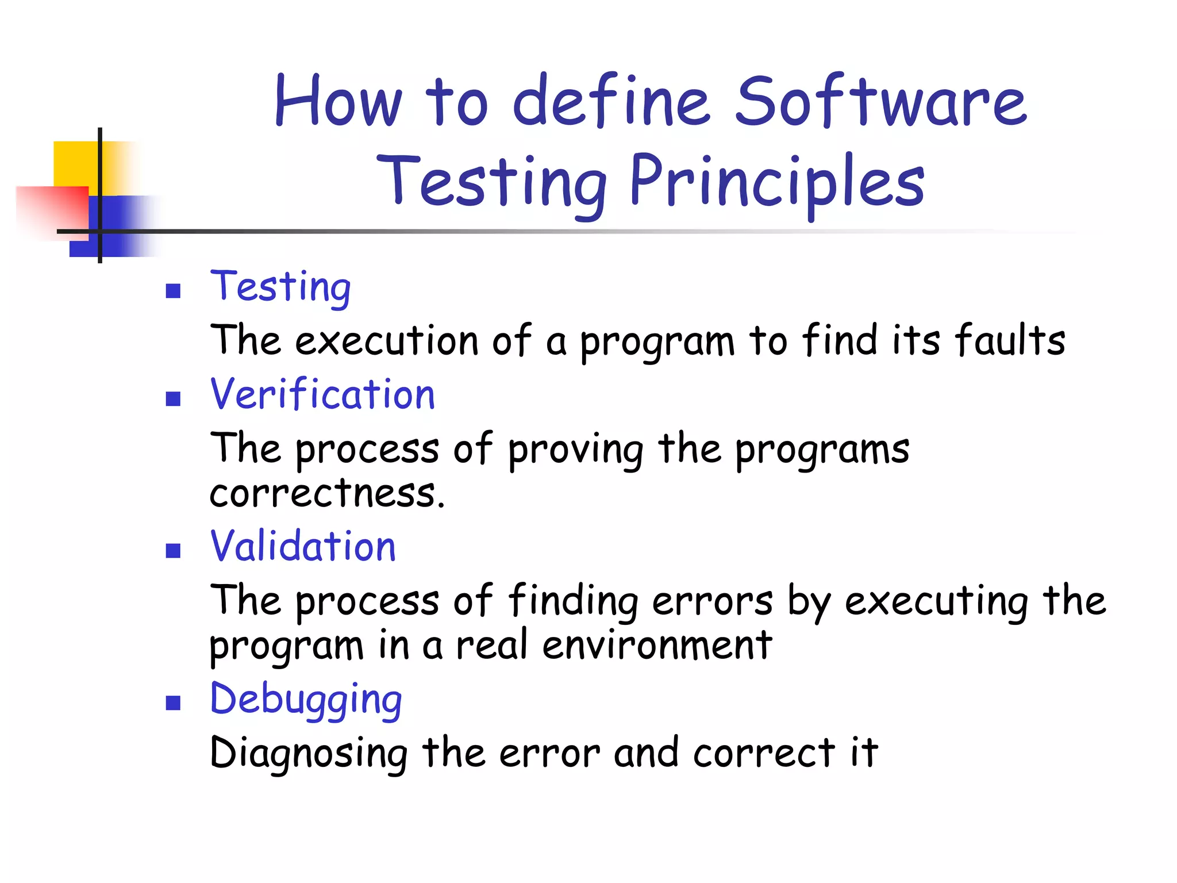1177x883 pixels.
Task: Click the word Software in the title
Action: pyautogui.click(x=880, y=102)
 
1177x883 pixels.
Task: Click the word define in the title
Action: pyautogui.click(x=611, y=102)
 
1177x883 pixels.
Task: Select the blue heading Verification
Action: pyautogui.click(x=323, y=395)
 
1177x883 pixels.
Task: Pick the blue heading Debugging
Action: pyautogui.click(x=306, y=700)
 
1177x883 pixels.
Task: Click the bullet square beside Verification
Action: pyautogui.click(x=173, y=399)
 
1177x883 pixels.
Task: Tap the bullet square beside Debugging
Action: pyautogui.click(x=173, y=703)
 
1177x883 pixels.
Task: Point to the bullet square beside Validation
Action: pyautogui.click(x=173, y=551)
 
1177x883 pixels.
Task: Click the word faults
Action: pyautogui.click(x=1010, y=340)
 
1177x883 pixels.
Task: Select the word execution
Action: pyautogui.click(x=387, y=340)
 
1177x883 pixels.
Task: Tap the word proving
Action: pyautogui.click(x=575, y=450)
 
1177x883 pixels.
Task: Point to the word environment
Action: pyautogui.click(x=657, y=645)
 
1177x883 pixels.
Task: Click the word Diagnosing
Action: pyautogui.click(x=309, y=753)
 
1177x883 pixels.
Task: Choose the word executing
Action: pyautogui.click(x=936, y=601)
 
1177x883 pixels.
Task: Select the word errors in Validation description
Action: pyautogui.click(x=713, y=601)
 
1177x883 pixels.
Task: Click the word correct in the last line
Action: pyautogui.click(x=763, y=753)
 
